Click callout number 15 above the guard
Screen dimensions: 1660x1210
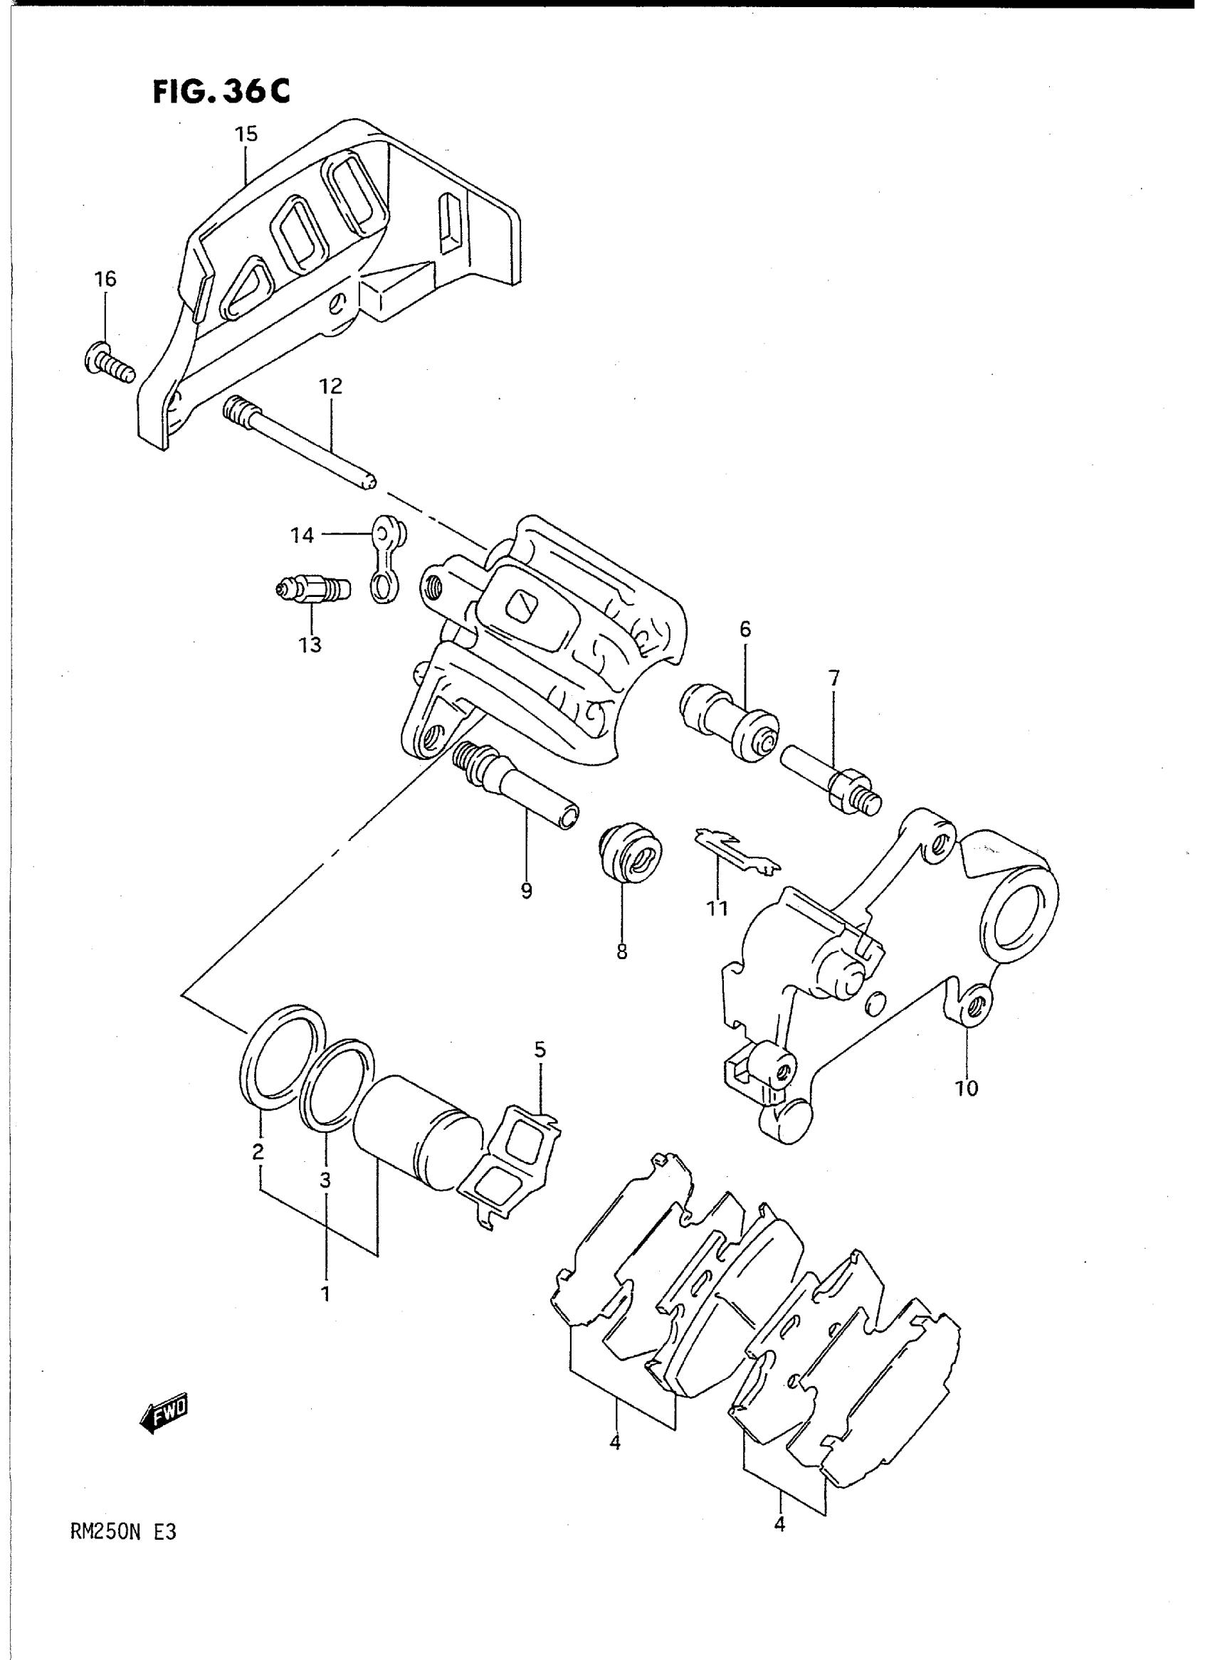[x=246, y=134]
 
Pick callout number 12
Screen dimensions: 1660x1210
[x=330, y=386]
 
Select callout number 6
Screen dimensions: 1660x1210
[x=745, y=629]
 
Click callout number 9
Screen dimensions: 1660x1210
[x=526, y=891]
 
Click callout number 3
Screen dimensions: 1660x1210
[x=325, y=1180]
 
